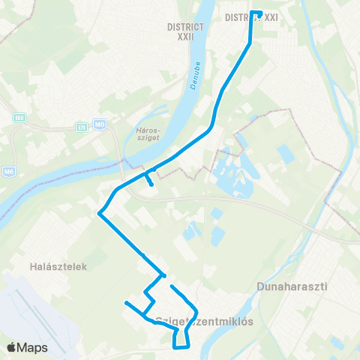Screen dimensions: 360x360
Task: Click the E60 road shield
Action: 19,118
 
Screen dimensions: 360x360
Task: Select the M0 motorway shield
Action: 100,124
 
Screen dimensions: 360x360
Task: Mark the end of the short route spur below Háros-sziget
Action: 152,184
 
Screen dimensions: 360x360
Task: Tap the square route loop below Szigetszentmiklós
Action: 181,339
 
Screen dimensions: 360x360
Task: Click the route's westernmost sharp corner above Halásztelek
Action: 99,213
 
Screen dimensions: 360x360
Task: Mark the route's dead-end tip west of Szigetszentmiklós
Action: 126,302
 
